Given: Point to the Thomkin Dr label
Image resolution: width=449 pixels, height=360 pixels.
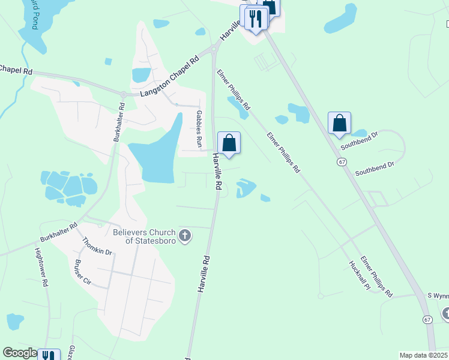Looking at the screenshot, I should coord(97,246).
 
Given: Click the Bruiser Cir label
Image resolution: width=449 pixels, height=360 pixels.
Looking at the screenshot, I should coord(82,272).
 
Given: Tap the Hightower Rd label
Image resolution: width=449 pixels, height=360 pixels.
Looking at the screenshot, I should coord(41,268).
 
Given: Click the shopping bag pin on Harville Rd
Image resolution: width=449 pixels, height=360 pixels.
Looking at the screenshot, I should coord(229,143).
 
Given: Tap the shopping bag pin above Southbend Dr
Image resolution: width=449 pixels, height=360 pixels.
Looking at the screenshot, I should coord(339,124).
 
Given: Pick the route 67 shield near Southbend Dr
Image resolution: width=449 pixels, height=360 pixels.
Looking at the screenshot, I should coord(341,162).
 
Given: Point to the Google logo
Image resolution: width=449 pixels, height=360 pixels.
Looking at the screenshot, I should coord(20,353).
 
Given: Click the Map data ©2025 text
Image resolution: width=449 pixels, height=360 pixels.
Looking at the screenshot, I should coord(423,355).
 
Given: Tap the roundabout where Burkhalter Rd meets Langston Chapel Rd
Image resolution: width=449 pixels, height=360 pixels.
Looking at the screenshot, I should coord(123,94).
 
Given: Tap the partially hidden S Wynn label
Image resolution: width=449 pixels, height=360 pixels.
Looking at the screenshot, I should coord(438,296).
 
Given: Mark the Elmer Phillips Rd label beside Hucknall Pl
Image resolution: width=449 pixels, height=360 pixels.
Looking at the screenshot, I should coord(376,277).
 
